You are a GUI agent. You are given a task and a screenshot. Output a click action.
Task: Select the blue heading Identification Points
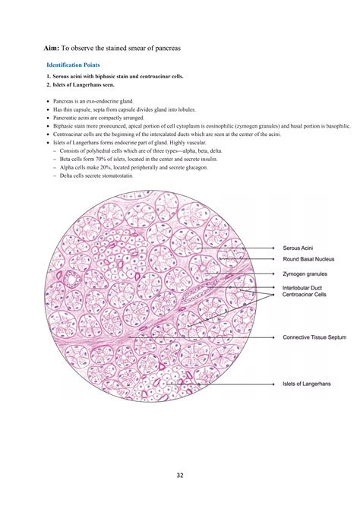pos(73,65)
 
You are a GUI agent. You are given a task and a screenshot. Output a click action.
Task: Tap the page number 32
pos(179,476)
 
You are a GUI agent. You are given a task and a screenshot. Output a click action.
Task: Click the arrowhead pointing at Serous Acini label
pos(274,248)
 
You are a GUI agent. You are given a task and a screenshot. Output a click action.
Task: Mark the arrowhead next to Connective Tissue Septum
pos(274,337)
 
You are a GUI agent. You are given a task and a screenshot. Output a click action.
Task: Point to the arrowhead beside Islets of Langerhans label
pos(274,384)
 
